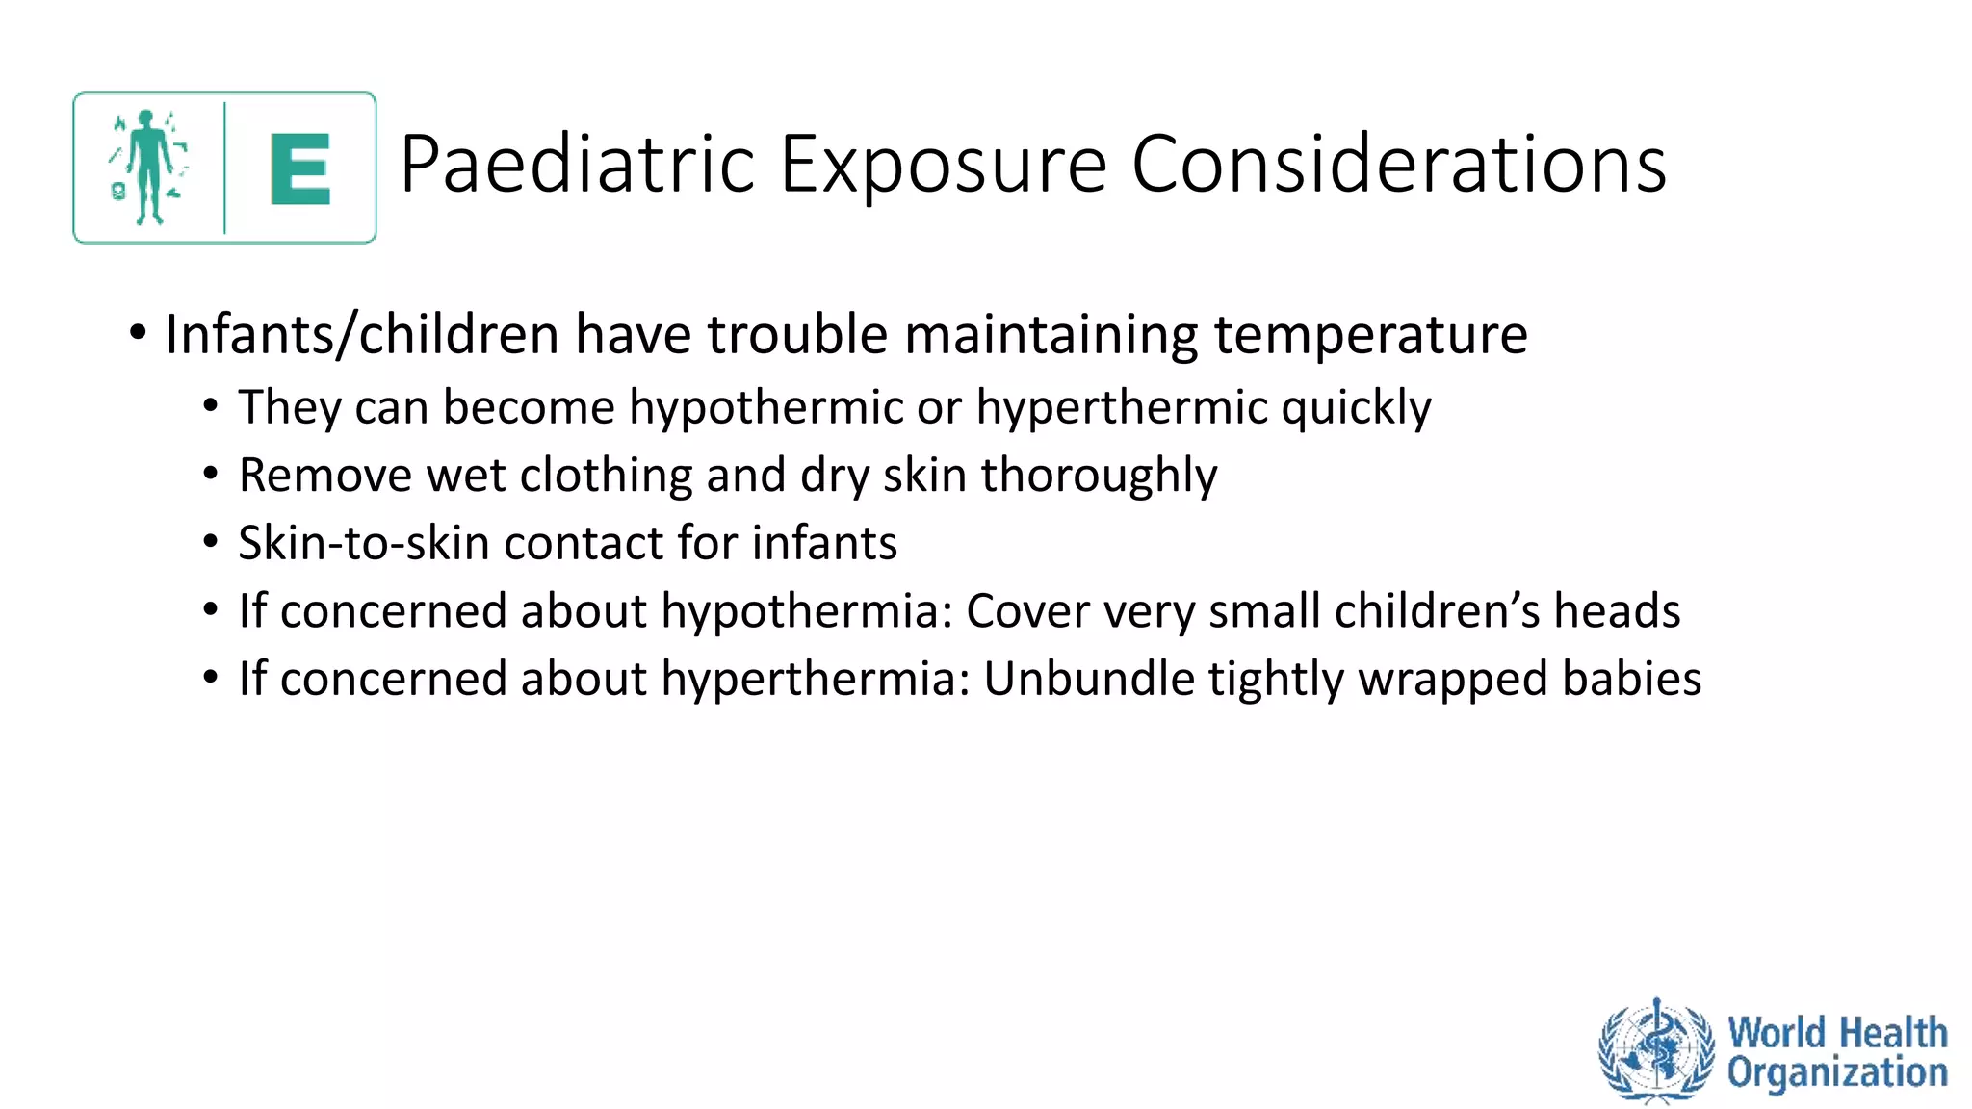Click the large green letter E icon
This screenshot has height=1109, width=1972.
300,169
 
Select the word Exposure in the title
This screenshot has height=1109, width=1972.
943,165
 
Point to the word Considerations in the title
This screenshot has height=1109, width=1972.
1398,165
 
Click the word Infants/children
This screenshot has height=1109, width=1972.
361,335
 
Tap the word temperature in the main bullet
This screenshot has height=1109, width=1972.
1369,335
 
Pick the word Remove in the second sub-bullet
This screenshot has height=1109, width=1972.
324,476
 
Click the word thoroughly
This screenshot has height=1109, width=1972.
1099,476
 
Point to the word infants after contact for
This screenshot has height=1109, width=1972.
824,543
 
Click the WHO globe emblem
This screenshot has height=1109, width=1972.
1656,1050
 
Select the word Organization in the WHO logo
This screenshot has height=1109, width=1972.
1836,1072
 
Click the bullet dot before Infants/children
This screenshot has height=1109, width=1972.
138,334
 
